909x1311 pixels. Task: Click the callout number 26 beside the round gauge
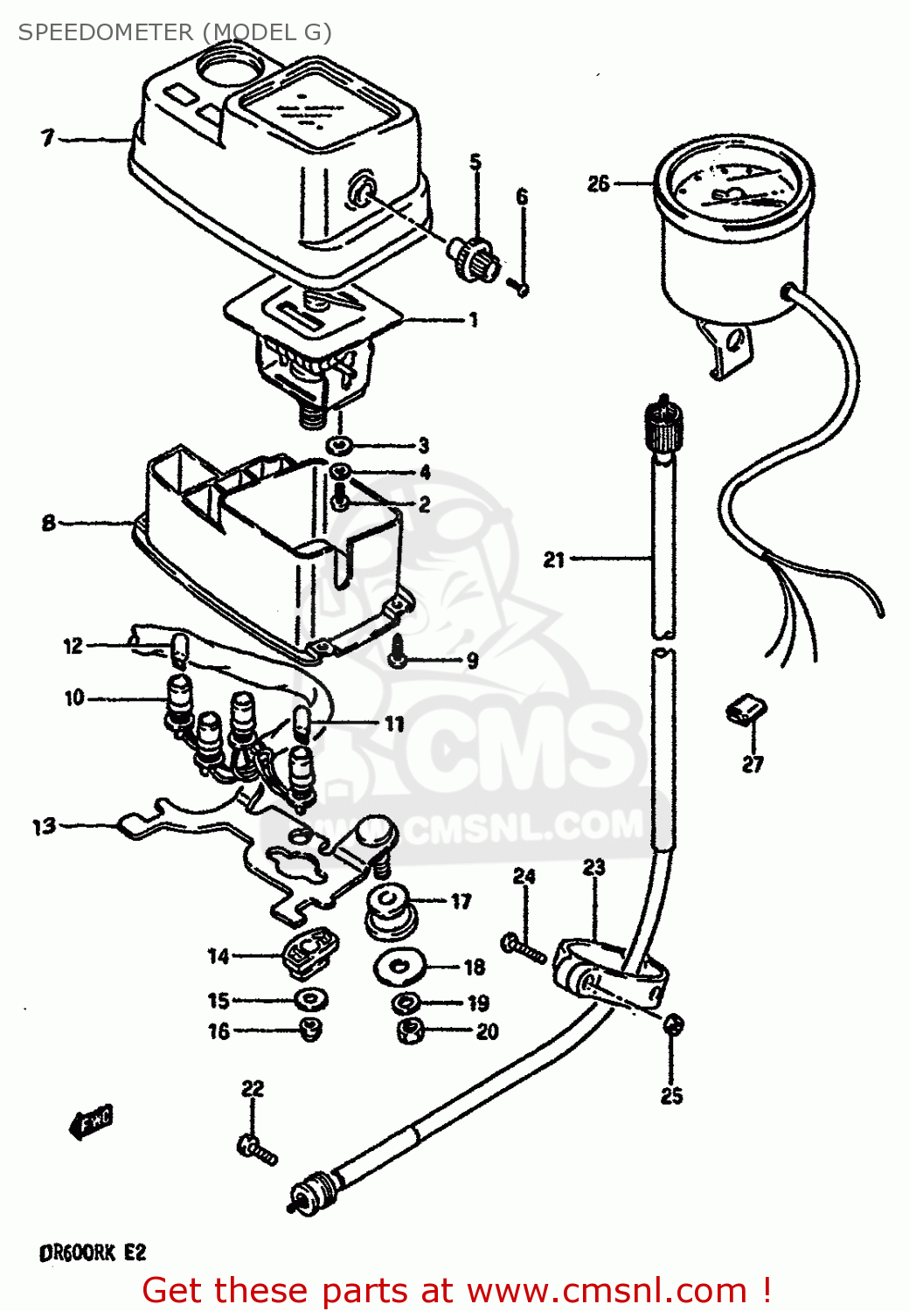tap(598, 184)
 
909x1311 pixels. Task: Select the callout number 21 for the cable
tap(554, 559)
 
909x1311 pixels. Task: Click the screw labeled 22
tap(256, 1148)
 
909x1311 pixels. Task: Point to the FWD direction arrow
tap(92, 1121)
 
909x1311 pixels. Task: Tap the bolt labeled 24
tap(524, 947)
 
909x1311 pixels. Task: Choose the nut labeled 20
tap(409, 1031)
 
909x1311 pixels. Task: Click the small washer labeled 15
tap(310, 998)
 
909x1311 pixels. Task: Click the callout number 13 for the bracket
tap(44, 826)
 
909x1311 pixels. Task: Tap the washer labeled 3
tap(340, 446)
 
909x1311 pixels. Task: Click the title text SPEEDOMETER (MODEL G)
tap(175, 32)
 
